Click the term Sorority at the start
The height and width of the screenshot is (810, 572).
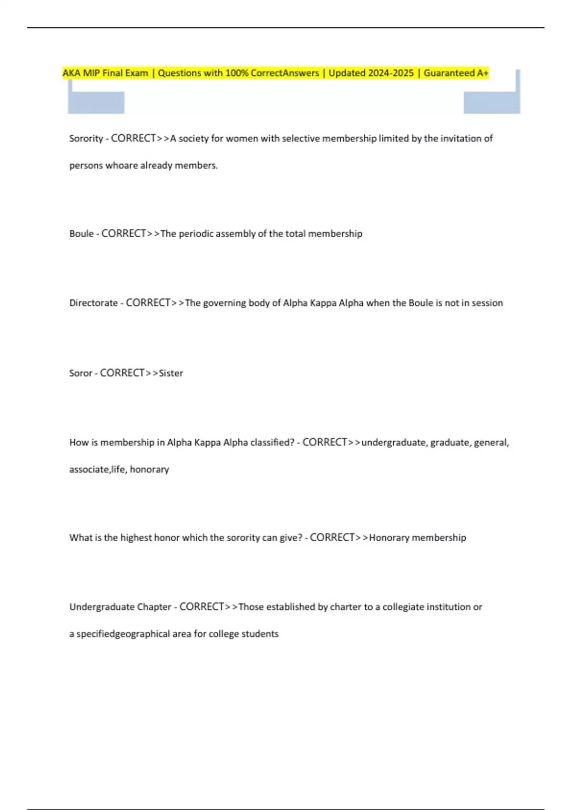click(x=86, y=139)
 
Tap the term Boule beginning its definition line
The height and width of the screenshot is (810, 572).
click(x=82, y=234)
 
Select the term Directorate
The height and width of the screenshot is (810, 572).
click(x=93, y=303)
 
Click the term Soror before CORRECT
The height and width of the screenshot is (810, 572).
click(x=81, y=373)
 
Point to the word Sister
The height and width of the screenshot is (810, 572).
click(x=171, y=373)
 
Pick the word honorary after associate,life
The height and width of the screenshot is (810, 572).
click(x=149, y=470)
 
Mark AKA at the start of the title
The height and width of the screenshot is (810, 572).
click(x=71, y=73)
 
